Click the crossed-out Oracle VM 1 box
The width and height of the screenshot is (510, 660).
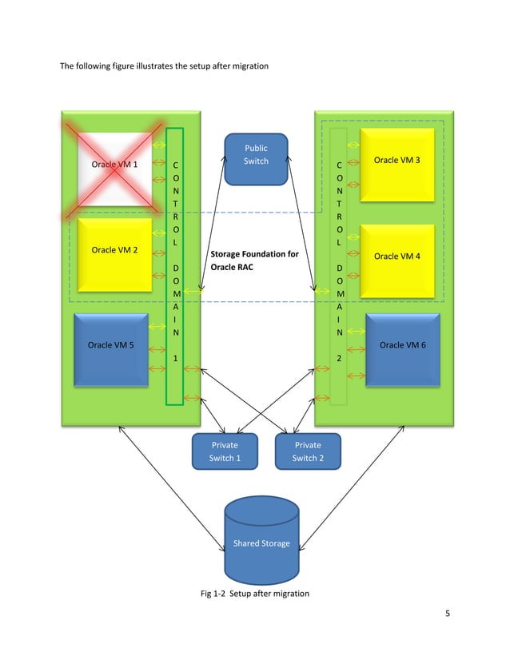[x=114, y=169]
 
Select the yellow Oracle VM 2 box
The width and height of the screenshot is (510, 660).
[x=114, y=254]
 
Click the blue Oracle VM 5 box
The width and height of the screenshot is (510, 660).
[x=110, y=348]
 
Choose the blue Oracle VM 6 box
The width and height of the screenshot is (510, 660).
[x=402, y=348]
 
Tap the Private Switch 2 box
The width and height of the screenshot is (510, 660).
[x=308, y=451]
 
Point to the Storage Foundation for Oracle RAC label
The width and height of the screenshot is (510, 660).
[x=254, y=261]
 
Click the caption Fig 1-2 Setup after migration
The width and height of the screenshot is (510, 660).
[x=254, y=594]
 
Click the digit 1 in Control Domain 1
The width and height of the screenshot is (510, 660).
[x=175, y=359]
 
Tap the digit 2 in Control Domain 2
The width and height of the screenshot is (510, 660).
[x=339, y=359]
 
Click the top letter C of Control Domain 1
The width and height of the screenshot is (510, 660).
[x=175, y=165]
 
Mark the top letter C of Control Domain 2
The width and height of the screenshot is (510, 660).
[x=339, y=165]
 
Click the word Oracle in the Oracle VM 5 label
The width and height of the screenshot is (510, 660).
[x=100, y=346]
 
